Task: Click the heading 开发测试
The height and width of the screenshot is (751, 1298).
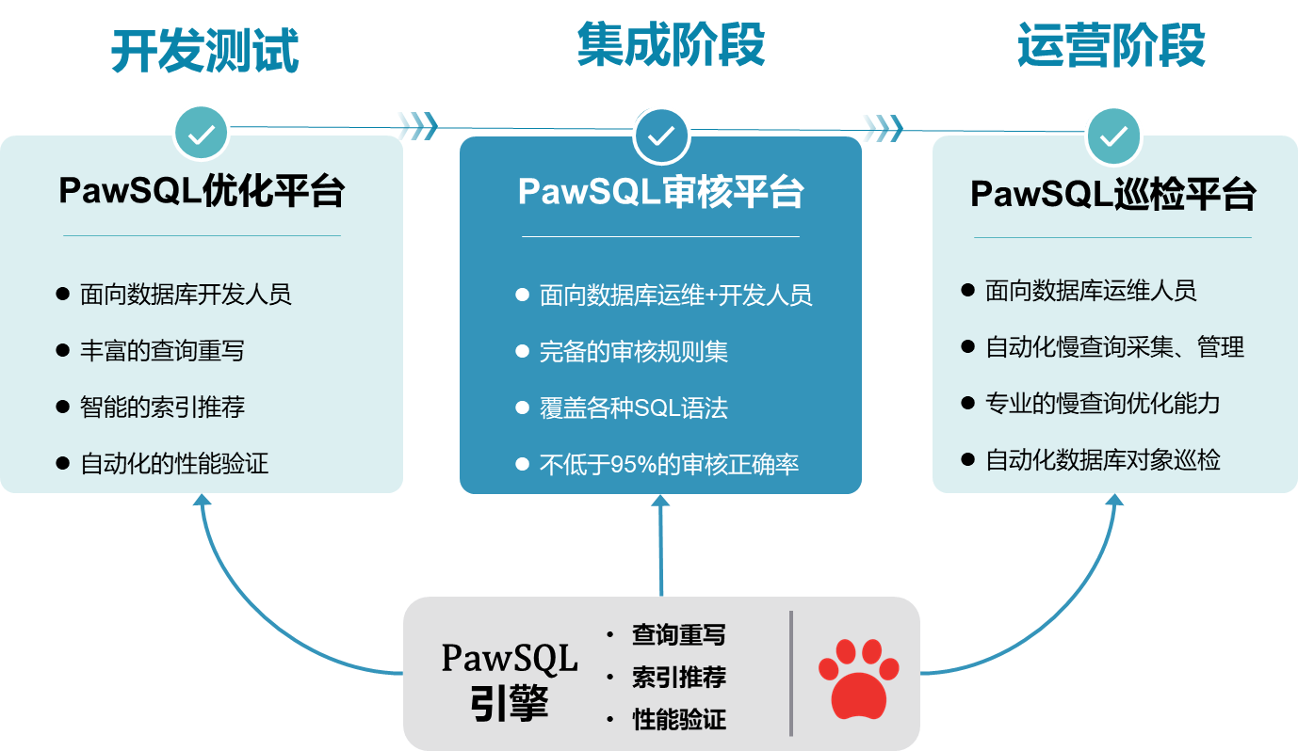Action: coord(204,51)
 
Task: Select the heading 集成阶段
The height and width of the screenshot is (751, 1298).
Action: coord(670,45)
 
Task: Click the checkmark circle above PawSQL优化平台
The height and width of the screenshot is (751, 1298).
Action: coord(201,134)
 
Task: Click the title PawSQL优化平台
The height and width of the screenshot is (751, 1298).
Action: coord(202,191)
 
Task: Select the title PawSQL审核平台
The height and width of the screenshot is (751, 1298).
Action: coord(660,192)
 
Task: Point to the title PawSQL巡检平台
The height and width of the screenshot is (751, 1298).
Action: coord(1113,195)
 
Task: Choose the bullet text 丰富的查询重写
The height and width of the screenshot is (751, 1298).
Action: coord(162,351)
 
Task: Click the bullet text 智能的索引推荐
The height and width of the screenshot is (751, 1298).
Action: coord(162,407)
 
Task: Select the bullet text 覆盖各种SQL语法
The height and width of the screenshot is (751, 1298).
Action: coord(633,408)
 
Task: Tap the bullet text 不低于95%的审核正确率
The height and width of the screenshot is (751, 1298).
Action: coord(669,465)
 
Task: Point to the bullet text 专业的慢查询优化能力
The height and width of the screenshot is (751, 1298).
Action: coord(1102,404)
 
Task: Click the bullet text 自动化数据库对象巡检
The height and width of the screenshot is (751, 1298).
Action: coord(1102,460)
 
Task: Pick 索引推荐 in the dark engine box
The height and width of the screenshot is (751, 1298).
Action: coord(678,678)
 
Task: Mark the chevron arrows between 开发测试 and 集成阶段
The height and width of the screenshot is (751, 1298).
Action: coord(417,125)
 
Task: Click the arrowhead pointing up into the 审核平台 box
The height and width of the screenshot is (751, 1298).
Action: coord(660,501)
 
